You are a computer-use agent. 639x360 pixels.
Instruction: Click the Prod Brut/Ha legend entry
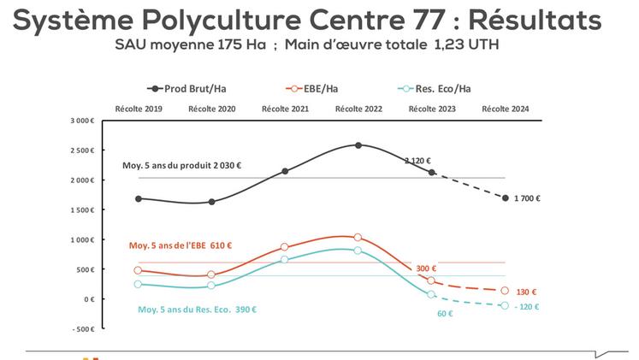[192, 88]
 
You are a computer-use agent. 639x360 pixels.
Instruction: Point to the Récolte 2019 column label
[138, 109]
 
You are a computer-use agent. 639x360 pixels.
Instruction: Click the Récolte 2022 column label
[358, 109]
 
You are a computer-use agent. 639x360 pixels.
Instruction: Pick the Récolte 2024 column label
[505, 109]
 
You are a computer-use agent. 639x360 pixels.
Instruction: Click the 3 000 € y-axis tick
[82, 121]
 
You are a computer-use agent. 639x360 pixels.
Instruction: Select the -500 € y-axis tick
[84, 328]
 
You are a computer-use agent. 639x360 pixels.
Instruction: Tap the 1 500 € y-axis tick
[82, 210]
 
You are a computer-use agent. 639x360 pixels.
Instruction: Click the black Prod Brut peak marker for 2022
[358, 145]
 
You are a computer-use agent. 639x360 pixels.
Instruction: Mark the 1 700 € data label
[528, 198]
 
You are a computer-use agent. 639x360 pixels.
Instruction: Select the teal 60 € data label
[444, 314]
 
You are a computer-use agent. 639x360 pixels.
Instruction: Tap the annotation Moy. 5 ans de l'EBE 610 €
[180, 245]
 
